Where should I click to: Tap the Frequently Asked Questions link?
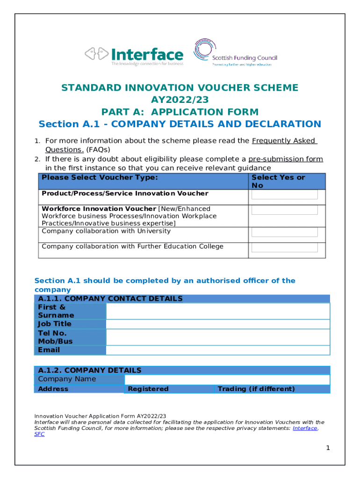[x=284, y=141]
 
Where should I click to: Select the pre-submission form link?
[x=285, y=159]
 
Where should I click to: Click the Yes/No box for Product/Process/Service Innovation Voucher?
[x=285, y=195]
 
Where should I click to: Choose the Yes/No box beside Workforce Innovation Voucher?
[x=285, y=210]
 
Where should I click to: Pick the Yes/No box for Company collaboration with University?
[x=285, y=232]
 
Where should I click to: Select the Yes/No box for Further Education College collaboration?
[x=285, y=247]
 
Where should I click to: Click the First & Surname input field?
[x=218, y=311]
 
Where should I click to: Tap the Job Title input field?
[x=218, y=324]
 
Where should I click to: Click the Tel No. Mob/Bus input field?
[x=218, y=337]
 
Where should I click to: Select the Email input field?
[x=218, y=350]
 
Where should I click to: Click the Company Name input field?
[x=227, y=379]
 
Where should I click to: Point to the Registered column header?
[x=148, y=389]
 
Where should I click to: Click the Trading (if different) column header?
[x=256, y=389]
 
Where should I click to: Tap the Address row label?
[x=53, y=389]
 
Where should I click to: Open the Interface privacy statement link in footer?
[x=305, y=428]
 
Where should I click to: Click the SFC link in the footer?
[x=40, y=434]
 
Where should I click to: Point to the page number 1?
[x=328, y=448]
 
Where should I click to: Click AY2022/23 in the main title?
[x=180, y=100]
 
